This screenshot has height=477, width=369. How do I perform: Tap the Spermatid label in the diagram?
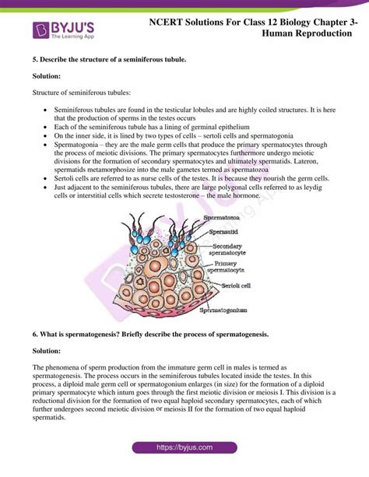(223, 232)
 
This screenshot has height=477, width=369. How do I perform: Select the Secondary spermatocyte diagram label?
(229, 250)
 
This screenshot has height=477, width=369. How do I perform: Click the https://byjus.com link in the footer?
(184, 447)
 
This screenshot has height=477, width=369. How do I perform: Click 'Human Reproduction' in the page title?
(306, 34)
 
